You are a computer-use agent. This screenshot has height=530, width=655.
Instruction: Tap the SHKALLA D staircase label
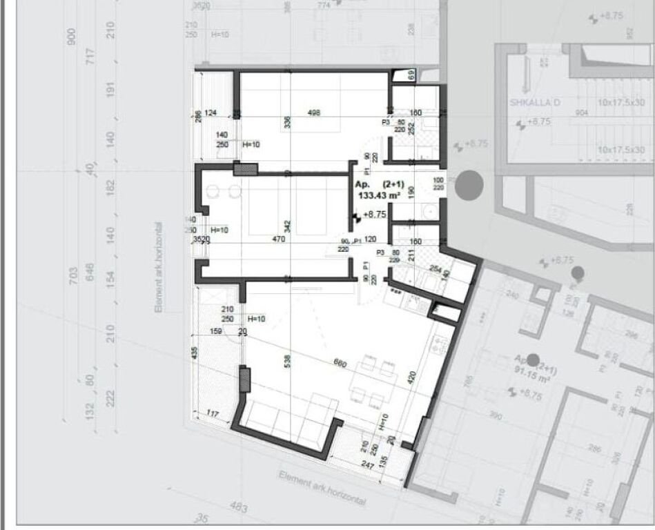[x=534, y=104]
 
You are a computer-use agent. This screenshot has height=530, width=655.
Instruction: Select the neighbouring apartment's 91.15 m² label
[x=531, y=377]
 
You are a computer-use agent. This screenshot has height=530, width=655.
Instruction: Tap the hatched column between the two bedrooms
[x=245, y=168]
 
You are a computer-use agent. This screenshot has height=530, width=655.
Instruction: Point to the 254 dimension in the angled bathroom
[x=436, y=268]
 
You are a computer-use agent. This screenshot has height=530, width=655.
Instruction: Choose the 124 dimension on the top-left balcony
[x=211, y=113]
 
